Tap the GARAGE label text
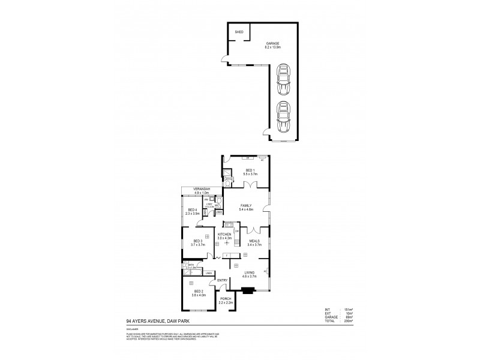pyautogui.click(x=274, y=44)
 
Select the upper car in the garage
pyautogui.click(x=282, y=80)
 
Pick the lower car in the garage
pyautogui.click(x=282, y=116)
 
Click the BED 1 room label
pyautogui.click(x=250, y=171)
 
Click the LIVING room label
pyautogui.click(x=250, y=274)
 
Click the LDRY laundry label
pyautogui.click(x=208, y=205)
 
